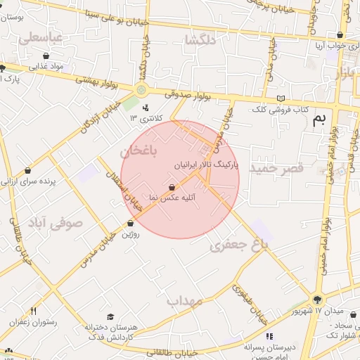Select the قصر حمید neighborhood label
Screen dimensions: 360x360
[279, 168]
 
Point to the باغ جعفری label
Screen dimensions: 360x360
[239, 244]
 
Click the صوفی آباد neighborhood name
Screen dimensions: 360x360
[55, 224]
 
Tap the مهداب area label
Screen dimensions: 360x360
[184, 301]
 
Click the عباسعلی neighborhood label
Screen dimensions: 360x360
[41, 37]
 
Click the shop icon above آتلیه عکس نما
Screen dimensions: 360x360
[172, 187]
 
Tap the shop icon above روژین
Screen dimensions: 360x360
[130, 224]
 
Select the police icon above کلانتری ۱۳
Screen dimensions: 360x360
[146, 108]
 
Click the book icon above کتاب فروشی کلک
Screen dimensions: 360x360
[282, 98]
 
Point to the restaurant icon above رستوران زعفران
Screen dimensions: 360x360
[33, 310]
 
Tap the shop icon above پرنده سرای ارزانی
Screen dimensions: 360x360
[27, 169]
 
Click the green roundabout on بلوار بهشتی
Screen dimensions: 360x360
[141, 89]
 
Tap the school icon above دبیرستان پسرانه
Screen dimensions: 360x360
[269, 336]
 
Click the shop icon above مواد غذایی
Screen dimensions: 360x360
[46, 56]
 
